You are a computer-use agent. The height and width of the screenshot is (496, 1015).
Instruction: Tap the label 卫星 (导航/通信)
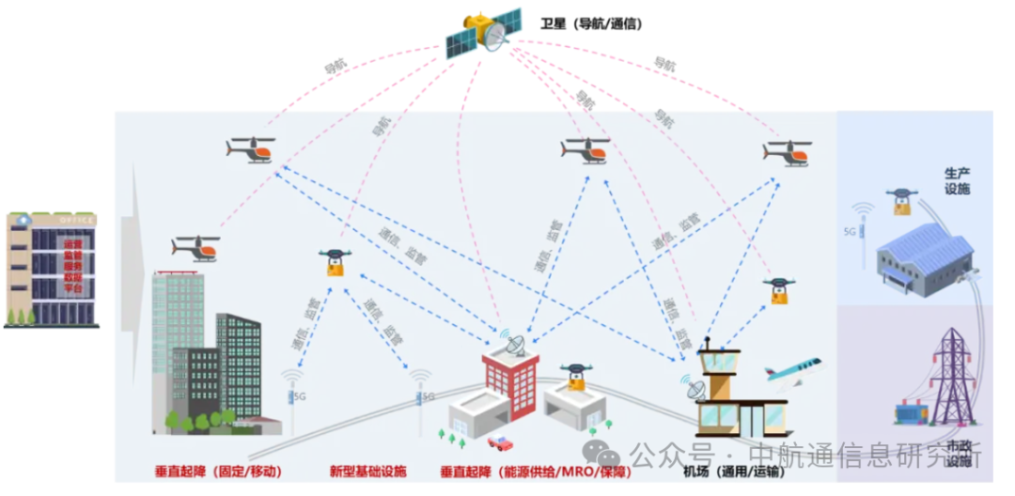point(591,23)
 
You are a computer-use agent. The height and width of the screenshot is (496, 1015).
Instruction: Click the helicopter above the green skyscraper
point(195,248)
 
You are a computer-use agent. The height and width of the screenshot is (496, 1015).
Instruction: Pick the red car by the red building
point(501,442)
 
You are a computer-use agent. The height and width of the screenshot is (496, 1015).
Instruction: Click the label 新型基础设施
point(368,471)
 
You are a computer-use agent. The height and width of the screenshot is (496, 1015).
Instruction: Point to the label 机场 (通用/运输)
point(732,471)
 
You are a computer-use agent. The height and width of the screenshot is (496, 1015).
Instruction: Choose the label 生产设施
point(957,181)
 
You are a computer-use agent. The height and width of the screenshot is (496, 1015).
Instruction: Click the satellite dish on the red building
point(513,343)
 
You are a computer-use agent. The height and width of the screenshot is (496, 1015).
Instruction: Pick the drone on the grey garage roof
point(575,376)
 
